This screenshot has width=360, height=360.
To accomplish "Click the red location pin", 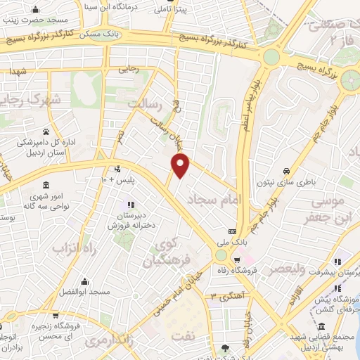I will click(181, 166).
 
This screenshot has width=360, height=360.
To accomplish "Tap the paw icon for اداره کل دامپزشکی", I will click(46, 131).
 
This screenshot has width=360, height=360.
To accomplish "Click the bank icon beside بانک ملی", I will click(232, 231).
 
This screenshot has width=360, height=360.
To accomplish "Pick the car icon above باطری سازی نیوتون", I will click(286, 171).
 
